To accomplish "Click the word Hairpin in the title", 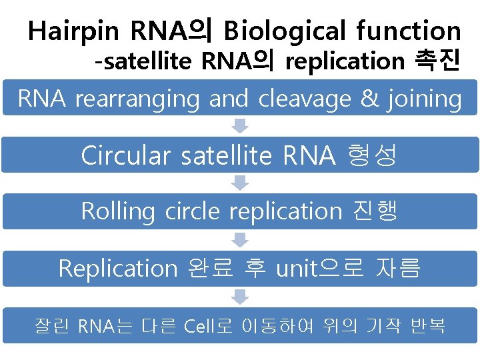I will (x=74, y=31).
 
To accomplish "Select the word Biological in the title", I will (x=285, y=31).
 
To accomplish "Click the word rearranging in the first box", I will (x=137, y=99).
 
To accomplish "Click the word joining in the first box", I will (x=423, y=99).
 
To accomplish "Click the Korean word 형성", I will (x=372, y=155).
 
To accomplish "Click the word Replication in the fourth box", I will (x=117, y=269).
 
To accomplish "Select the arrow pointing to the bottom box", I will (x=240, y=297).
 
